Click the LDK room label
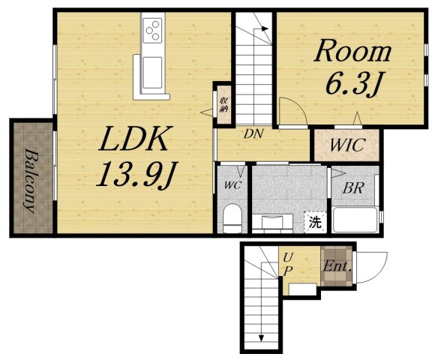coord(133,139)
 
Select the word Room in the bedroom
coord(352,50)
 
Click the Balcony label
coord(31,181)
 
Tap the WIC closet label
coord(347,145)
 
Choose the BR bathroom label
coord(353,188)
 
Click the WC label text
coord(232,185)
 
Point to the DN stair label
coord(253,133)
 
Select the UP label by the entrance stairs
coord(287,264)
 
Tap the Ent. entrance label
coord(337,266)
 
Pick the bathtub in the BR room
coord(355,220)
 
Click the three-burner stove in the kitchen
coord(152,30)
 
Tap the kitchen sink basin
coord(152,72)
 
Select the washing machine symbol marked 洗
coord(315,223)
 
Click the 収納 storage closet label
coord(224,104)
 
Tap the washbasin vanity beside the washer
coord(272,223)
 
